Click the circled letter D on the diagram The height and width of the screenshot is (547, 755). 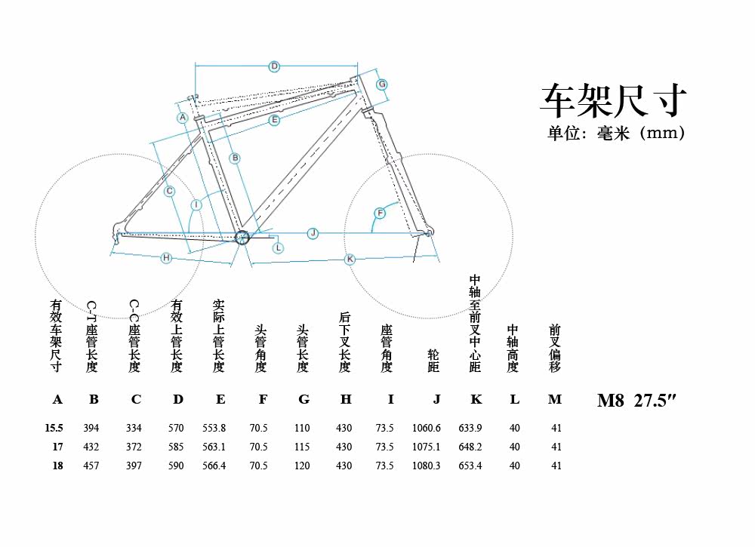(274, 66)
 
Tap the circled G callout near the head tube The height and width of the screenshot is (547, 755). (382, 84)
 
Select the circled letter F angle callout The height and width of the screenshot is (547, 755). (380, 214)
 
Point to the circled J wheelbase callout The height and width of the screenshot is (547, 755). (313, 233)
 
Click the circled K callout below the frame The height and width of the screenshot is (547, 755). (350, 259)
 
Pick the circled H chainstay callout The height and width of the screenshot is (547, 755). (167, 258)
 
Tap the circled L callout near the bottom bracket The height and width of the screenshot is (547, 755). (278, 247)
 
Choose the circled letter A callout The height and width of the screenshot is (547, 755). (183, 118)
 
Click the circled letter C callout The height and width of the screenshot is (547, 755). (170, 192)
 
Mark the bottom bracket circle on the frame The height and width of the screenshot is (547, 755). (242, 238)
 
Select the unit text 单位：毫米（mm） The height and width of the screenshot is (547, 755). (615, 134)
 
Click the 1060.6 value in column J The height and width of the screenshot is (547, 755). (427, 428)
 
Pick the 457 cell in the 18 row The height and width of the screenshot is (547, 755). (91, 466)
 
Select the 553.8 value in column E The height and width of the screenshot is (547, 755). (214, 428)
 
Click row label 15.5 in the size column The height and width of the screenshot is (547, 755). (54, 428)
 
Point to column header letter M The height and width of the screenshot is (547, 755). (554, 400)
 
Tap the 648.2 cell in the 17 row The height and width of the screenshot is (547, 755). (470, 447)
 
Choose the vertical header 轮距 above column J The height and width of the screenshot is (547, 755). (433, 361)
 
